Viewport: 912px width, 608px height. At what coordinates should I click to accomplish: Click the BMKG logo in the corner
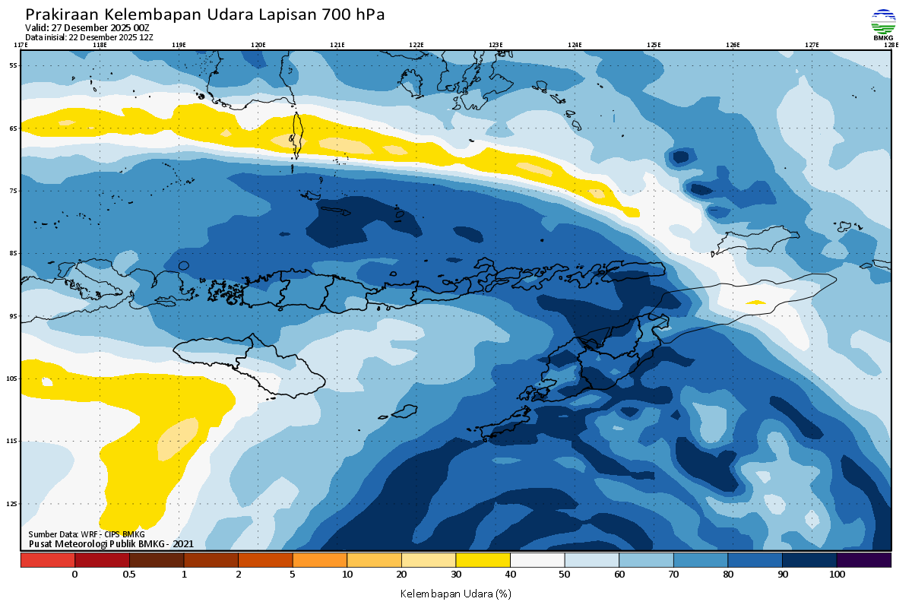click(883, 25)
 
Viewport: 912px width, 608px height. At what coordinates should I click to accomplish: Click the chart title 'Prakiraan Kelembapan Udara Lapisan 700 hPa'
click(205, 14)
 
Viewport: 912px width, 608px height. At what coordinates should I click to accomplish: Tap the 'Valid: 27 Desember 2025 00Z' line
click(87, 28)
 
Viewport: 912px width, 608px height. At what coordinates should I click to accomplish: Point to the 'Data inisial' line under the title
click(89, 36)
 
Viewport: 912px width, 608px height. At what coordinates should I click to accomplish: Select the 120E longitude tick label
click(258, 45)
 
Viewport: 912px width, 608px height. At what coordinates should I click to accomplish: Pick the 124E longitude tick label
click(575, 45)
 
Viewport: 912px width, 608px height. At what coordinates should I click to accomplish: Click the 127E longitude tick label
click(812, 45)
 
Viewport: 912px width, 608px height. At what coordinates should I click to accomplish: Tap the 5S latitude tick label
click(14, 65)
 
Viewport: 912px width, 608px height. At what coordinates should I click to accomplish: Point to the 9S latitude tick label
click(14, 316)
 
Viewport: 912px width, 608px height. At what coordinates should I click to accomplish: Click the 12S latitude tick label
click(13, 504)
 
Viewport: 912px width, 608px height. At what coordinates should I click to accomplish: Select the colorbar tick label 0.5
click(129, 575)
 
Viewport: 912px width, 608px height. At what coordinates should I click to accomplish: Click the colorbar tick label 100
click(837, 575)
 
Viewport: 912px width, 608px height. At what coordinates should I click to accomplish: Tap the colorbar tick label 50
click(565, 575)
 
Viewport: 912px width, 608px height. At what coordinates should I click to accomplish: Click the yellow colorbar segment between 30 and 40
click(483, 560)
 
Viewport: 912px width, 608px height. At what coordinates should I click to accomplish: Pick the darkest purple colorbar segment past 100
click(863, 560)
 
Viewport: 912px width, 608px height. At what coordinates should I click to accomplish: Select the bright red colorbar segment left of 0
click(48, 560)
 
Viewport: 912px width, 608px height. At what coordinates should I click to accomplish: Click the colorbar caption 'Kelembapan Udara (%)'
click(455, 593)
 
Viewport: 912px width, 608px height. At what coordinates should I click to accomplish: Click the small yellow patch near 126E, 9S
click(755, 302)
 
